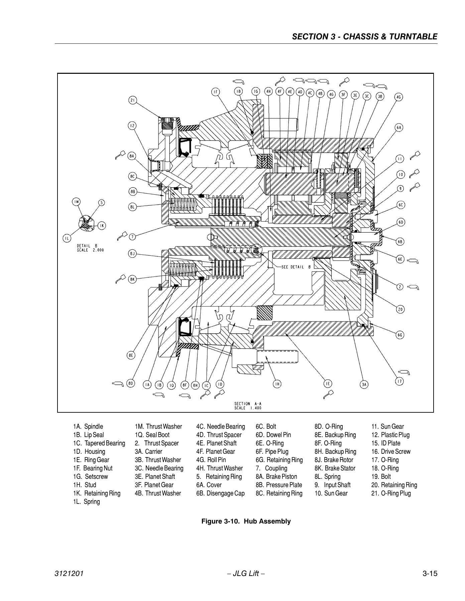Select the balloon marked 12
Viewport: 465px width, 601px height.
(132, 126)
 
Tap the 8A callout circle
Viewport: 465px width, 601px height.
(132, 156)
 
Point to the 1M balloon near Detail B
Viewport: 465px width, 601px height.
(77, 202)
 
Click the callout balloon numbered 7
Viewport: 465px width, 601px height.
(132, 237)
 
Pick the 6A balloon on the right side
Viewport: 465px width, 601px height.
(399, 128)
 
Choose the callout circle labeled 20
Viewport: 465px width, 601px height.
(400, 309)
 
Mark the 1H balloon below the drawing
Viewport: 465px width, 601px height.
(277, 384)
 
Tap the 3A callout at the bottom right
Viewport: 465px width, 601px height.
(364, 385)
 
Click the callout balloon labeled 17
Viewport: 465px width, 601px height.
(399, 381)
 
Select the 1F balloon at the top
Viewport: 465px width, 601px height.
(216, 92)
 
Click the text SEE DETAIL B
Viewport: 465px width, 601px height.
(296, 267)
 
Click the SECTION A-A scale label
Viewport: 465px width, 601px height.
(248, 406)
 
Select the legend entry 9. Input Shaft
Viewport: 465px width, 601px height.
(333, 485)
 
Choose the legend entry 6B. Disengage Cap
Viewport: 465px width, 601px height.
(220, 493)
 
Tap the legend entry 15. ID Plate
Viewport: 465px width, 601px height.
(386, 443)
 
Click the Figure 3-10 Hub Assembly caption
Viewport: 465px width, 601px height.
(246, 521)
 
